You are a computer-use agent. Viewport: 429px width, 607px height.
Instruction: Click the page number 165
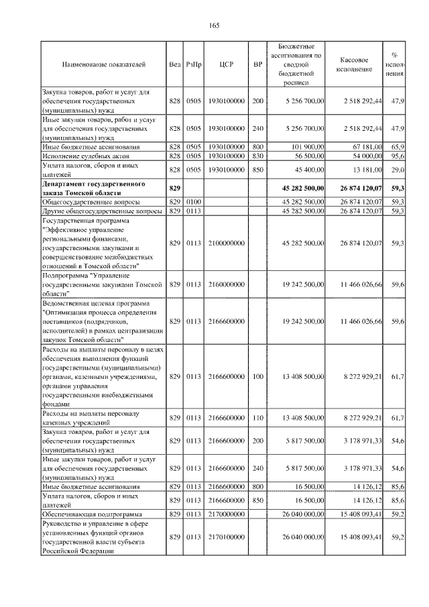coord(214,26)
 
